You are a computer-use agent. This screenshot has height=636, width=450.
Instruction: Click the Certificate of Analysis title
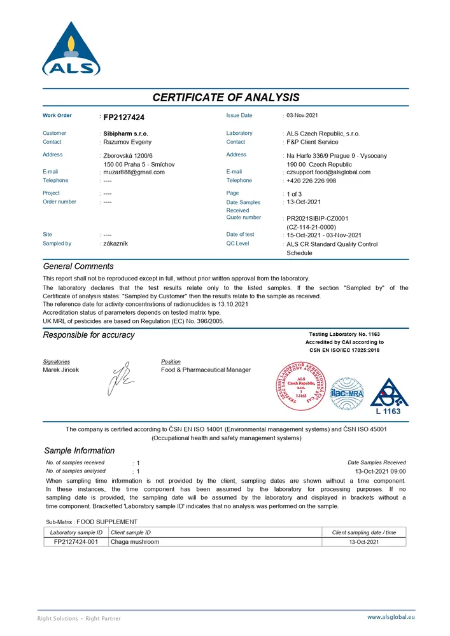coord(225,97)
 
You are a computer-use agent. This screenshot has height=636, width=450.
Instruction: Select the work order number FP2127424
coord(123,117)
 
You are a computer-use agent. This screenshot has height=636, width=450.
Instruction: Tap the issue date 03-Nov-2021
coord(302,115)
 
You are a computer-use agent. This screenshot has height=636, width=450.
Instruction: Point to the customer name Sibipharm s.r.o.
coord(125,134)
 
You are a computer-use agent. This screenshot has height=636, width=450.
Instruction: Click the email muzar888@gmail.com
coord(134,172)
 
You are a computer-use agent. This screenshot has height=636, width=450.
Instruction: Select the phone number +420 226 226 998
coord(311,181)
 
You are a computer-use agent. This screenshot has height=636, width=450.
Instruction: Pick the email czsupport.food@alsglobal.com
coord(328,172)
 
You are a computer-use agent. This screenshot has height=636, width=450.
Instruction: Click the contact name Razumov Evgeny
coord(127,142)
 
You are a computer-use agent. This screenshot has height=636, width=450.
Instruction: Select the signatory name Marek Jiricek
coord(61,370)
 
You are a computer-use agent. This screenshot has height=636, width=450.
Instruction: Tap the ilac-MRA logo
coord(347,394)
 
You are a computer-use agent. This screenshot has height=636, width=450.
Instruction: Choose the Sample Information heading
coord(80,450)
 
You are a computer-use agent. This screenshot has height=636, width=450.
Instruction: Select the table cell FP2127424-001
coord(76,542)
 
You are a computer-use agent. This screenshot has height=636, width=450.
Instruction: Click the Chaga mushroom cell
coord(135,542)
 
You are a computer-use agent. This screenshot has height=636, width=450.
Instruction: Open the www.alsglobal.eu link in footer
coord(391,617)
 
